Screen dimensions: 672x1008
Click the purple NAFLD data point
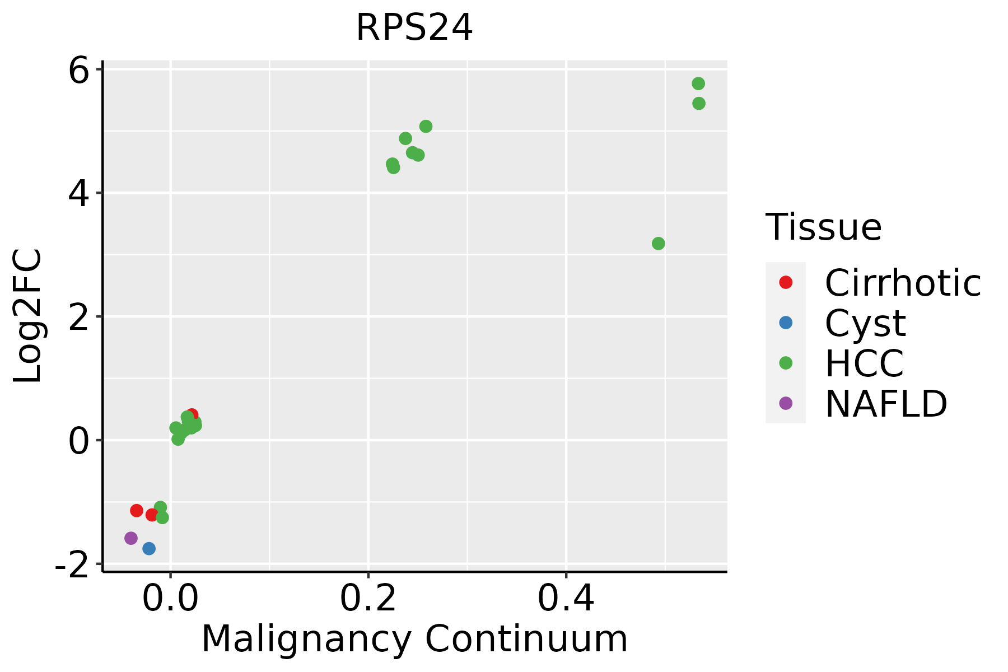pyautogui.click(x=131, y=538)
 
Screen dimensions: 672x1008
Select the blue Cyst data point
pyautogui.click(x=149, y=548)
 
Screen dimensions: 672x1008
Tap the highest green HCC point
pyautogui.click(x=698, y=83)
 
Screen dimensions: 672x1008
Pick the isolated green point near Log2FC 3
pyautogui.click(x=659, y=244)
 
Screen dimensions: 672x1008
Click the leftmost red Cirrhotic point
pyautogui.click(x=137, y=510)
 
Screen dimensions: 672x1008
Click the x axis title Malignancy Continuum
pyautogui.click(x=414, y=639)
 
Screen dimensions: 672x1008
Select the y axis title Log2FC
pyautogui.click(x=28, y=316)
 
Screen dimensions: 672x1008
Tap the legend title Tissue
pyautogui.click(x=823, y=227)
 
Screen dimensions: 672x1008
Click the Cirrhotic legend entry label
pyautogui.click(x=903, y=283)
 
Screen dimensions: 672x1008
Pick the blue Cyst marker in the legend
pyautogui.click(x=786, y=323)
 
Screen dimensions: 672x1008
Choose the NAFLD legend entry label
pyautogui.click(x=886, y=403)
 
